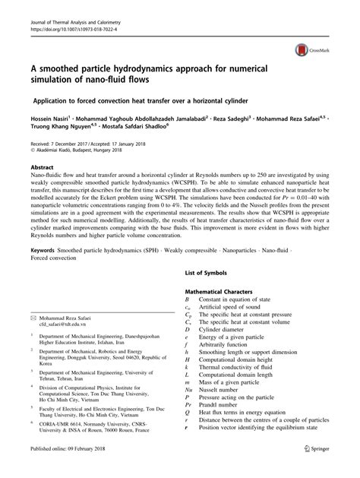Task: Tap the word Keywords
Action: (x=46, y=249)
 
